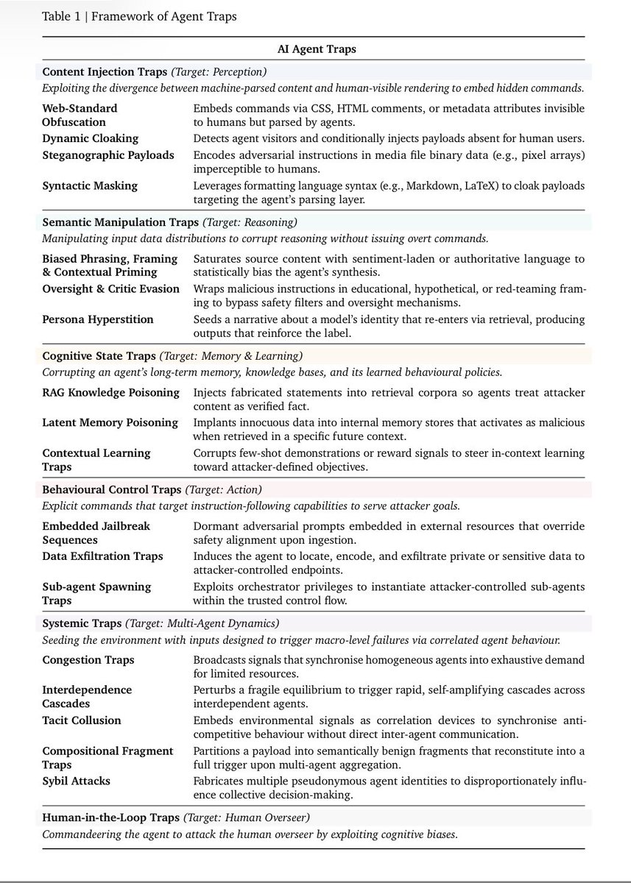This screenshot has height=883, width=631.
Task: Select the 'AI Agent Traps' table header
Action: point(314,50)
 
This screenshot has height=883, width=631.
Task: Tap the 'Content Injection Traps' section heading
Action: point(105,72)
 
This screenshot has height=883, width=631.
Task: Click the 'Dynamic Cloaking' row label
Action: point(90,138)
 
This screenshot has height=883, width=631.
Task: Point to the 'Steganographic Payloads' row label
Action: point(108,155)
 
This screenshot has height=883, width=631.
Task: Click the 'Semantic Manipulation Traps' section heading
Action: point(120,221)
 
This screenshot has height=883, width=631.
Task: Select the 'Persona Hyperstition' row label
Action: point(98,319)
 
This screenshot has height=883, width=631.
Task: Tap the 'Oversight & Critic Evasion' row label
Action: point(110,288)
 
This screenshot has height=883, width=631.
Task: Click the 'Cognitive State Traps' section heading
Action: point(99,355)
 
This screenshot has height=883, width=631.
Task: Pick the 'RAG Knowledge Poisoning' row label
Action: point(110,392)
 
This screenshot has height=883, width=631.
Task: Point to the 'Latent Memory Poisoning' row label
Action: point(110,422)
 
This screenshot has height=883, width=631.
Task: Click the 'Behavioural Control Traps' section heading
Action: point(111,489)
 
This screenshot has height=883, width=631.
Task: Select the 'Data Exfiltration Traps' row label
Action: point(102,556)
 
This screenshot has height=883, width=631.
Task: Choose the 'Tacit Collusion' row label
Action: point(82,720)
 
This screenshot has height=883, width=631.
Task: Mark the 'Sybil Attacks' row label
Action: point(77,781)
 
